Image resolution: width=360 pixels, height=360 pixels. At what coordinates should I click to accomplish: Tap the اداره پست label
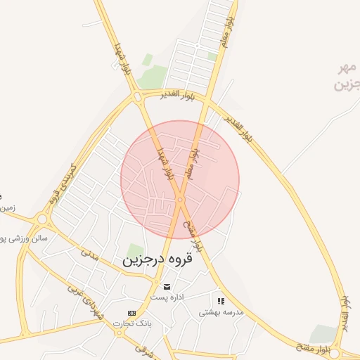coord(167,297)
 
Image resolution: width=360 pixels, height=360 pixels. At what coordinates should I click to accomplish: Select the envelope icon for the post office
coord(167,286)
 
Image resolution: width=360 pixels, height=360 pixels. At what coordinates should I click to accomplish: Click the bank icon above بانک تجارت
coord(131,313)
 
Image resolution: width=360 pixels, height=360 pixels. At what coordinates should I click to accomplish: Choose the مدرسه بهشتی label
coord(221,311)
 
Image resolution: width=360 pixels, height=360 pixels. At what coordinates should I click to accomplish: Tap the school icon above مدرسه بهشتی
coord(221,301)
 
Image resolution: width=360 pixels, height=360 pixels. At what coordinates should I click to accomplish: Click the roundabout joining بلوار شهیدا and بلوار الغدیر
coord(136,97)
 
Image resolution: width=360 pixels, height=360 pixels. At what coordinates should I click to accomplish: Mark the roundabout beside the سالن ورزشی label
coord(42,219)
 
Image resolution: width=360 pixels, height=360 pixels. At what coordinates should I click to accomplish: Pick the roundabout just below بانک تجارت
coord(119,333)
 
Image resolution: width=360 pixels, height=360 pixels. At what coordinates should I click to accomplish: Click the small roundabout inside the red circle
coord(180,200)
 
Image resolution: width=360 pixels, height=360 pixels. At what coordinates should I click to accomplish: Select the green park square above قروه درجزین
coord(134,251)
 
